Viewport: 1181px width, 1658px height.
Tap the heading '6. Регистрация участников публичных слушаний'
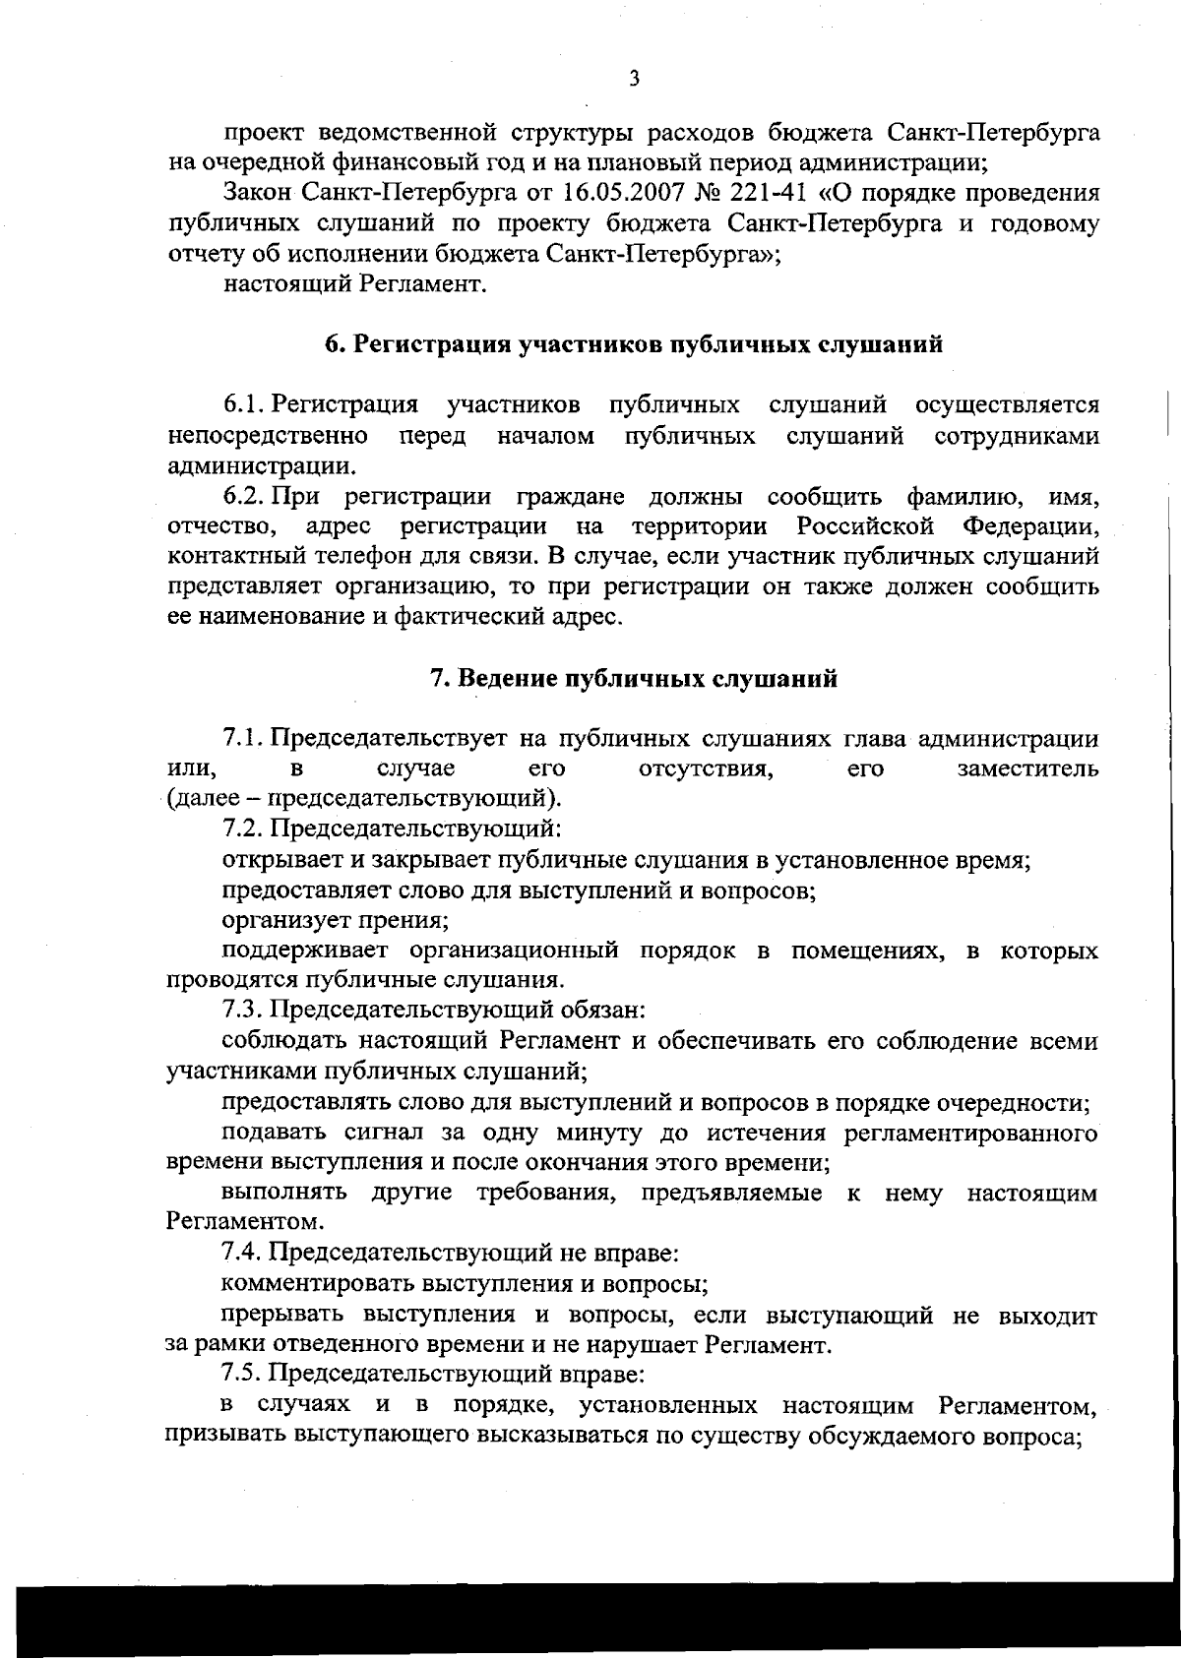[634, 344]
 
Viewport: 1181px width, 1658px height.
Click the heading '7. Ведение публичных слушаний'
[634, 678]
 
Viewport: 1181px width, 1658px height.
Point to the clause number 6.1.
[243, 404]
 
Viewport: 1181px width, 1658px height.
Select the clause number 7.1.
[243, 738]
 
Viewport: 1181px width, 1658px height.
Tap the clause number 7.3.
[243, 1009]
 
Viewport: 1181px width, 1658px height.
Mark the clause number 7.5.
[243, 1373]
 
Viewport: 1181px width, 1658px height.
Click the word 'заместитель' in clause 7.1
[1027, 768]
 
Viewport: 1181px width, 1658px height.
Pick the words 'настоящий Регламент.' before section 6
[355, 284]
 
